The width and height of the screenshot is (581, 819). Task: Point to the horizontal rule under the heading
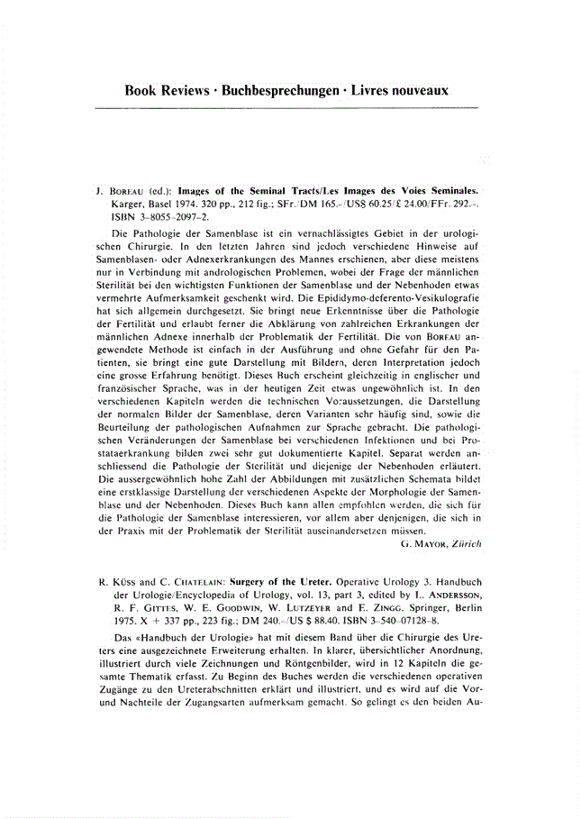pyautogui.click(x=286, y=108)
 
